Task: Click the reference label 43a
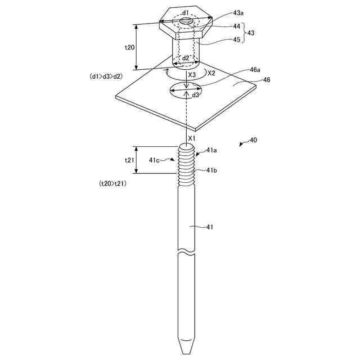click(238, 13)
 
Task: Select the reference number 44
click(236, 26)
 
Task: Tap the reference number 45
click(236, 39)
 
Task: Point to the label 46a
click(255, 70)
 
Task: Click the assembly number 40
click(253, 140)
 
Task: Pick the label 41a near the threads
click(211, 150)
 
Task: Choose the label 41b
click(211, 170)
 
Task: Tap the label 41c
click(154, 160)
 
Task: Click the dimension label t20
click(129, 47)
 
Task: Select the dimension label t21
click(129, 160)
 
